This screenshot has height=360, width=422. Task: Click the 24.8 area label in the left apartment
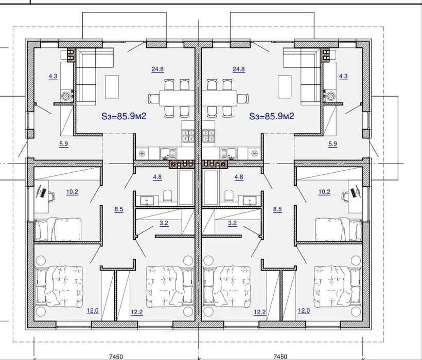click(157, 69)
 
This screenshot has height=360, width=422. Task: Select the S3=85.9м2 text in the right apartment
click(272, 116)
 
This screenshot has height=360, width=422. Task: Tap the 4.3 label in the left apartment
click(53, 76)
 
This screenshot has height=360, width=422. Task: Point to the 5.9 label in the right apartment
click(332, 144)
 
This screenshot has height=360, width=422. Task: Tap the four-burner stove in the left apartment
click(188, 136)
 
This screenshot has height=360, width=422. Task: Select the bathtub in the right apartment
click(210, 188)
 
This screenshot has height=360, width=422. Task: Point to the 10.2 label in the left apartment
click(72, 192)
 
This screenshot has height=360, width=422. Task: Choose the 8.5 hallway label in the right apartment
click(277, 209)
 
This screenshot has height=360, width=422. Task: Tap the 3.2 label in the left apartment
click(164, 223)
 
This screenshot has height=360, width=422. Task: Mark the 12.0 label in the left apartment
click(93, 311)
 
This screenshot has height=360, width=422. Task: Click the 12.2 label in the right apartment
click(260, 312)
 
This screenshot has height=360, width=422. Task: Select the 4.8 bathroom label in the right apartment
click(239, 177)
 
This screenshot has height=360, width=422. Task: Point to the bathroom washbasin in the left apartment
click(147, 201)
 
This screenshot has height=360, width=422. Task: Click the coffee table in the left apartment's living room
click(112, 86)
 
